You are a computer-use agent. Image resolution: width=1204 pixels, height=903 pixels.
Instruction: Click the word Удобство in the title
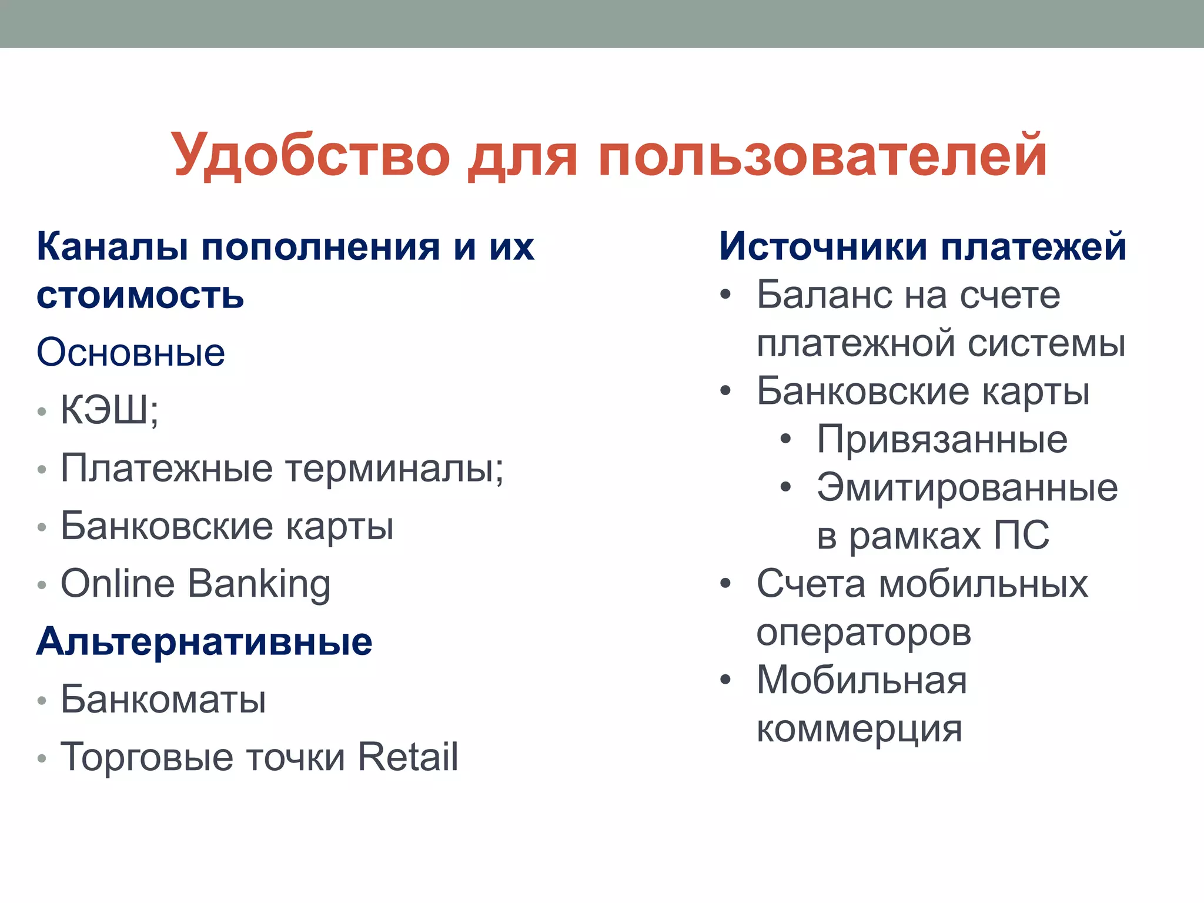click(310, 155)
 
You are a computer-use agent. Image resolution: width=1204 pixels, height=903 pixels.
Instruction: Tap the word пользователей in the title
click(822, 155)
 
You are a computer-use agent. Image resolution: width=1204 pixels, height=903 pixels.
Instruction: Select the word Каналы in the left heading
click(112, 247)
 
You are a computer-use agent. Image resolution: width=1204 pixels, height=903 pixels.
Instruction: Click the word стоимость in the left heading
click(140, 295)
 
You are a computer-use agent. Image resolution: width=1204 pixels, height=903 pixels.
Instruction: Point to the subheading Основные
click(131, 353)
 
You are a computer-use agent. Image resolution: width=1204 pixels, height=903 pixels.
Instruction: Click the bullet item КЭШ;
click(109, 409)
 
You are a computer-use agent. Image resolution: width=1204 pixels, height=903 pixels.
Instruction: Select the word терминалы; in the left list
click(394, 469)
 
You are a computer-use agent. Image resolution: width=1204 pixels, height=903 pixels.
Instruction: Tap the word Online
click(118, 584)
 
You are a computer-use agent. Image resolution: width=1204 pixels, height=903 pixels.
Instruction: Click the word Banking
click(259, 585)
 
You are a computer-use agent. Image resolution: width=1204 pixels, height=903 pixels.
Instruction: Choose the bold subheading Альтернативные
click(204, 641)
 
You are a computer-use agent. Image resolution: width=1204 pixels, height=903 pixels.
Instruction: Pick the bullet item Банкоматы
click(163, 700)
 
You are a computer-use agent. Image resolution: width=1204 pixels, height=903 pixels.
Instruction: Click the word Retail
click(407, 757)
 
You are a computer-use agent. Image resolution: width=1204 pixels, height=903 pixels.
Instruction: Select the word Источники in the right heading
click(823, 246)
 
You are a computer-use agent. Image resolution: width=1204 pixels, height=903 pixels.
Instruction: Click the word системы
click(1046, 343)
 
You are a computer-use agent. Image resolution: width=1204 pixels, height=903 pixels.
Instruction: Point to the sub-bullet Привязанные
click(942, 440)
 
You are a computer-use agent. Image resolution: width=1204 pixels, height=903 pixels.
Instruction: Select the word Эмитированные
click(967, 488)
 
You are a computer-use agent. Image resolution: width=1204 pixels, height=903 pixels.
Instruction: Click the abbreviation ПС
click(1021, 536)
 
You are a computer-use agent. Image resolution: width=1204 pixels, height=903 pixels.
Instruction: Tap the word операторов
click(864, 633)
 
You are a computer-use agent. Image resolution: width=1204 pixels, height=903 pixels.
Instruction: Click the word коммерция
click(859, 730)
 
